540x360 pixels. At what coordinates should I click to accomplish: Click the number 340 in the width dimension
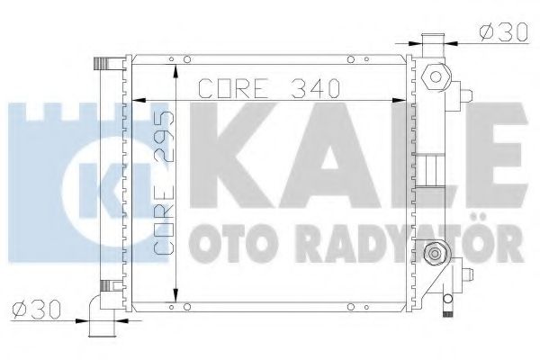click(x=312, y=89)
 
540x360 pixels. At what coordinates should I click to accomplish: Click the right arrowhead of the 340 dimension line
click(x=400, y=96)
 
